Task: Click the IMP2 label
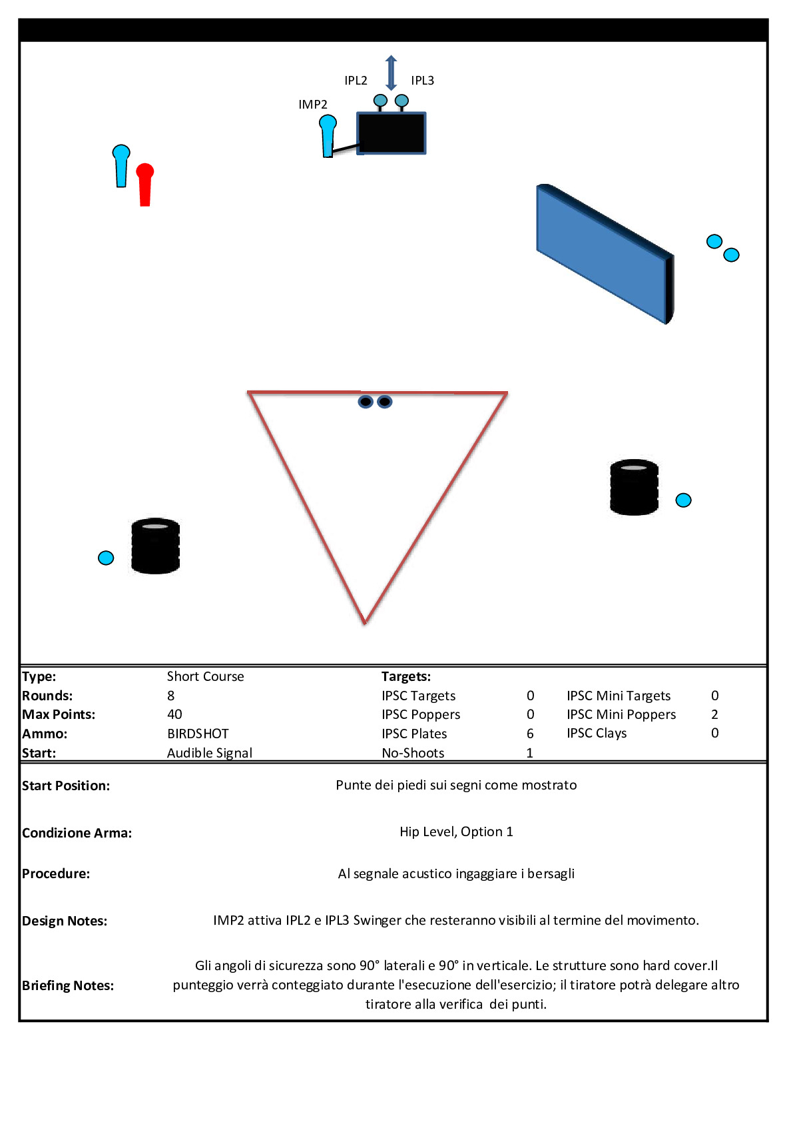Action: (312, 104)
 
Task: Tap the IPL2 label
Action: (356, 80)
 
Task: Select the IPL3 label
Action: (423, 80)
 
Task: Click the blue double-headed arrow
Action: (391, 73)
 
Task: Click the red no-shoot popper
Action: (144, 185)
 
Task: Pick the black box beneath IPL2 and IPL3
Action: (391, 133)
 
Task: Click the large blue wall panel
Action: (605, 254)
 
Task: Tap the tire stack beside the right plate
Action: (634, 487)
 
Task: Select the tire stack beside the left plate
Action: (155, 546)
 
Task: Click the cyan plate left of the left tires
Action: (106, 558)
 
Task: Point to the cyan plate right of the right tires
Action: (683, 500)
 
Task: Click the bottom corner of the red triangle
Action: (365, 624)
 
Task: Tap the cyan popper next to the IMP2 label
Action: (328, 136)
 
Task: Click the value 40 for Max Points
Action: (174, 714)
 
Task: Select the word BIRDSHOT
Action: (198, 734)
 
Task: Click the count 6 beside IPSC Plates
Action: (530, 734)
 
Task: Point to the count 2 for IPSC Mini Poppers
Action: (714, 714)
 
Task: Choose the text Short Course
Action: (205, 676)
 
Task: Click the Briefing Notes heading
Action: (68, 985)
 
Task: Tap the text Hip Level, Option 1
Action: (456, 832)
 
